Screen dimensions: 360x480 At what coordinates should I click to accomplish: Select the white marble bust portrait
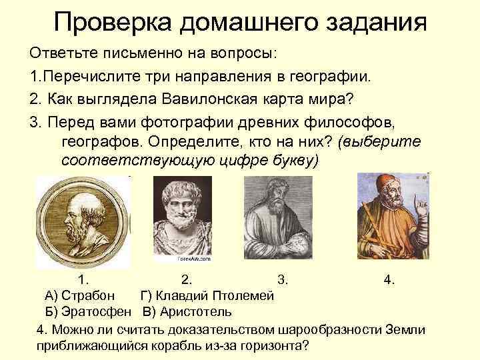click(x=183, y=217)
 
